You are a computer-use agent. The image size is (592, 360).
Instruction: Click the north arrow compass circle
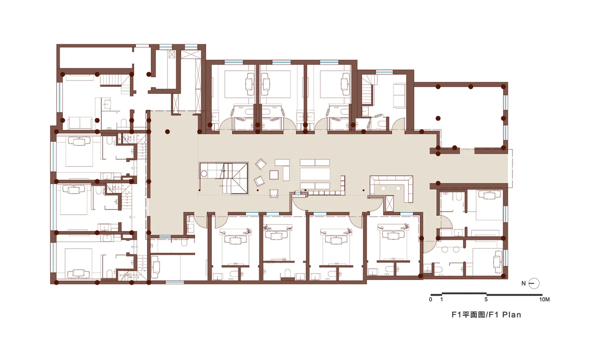tap(534, 283)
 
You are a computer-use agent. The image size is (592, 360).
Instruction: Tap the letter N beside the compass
tap(523, 283)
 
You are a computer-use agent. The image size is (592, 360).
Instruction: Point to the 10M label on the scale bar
tap(545, 299)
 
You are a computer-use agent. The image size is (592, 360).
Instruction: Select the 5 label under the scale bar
tap(486, 299)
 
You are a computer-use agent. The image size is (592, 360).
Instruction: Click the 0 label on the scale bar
tap(431, 299)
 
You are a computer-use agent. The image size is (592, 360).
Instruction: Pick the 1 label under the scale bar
tap(442, 299)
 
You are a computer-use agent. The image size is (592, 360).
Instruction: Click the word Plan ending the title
tap(512, 315)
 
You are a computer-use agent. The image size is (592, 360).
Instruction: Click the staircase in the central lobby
tap(223, 178)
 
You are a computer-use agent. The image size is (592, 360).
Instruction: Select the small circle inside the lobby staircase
tap(204, 173)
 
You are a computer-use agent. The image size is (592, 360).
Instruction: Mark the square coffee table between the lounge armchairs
tap(274, 175)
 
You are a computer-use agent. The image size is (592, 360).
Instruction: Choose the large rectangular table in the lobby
tap(315, 174)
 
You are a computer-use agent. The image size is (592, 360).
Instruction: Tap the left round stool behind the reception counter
tap(383, 189)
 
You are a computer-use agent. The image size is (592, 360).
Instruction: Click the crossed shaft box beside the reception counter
tap(389, 204)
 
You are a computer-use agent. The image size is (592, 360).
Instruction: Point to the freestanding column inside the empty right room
tap(438, 118)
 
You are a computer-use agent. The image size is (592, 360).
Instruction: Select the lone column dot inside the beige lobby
tap(167, 131)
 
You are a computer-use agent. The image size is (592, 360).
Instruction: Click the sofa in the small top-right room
tap(399, 95)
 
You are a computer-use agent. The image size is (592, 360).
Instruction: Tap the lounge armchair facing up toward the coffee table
tap(274, 193)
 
